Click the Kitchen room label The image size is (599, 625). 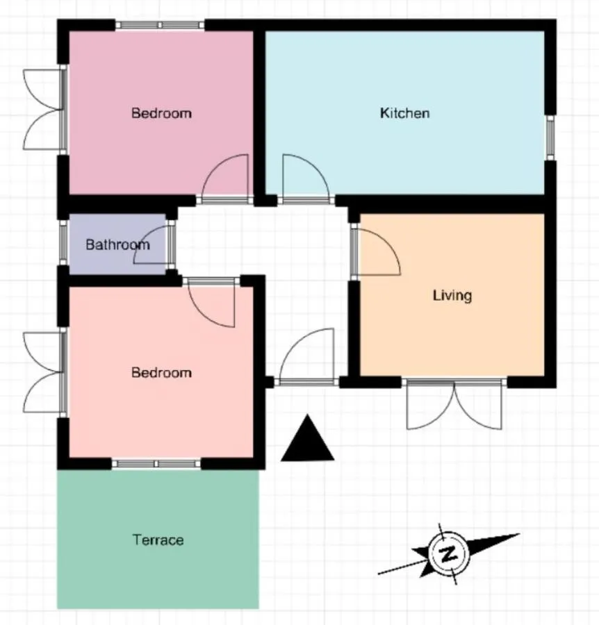(405, 113)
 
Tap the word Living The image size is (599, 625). (452, 295)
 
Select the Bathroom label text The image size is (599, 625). (117, 244)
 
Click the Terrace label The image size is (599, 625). (158, 540)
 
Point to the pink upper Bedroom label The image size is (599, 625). (161, 113)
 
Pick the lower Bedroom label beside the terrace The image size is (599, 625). (161, 373)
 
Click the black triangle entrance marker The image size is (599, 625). (307, 438)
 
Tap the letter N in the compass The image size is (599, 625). (448, 553)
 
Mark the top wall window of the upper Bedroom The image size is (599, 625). (160, 25)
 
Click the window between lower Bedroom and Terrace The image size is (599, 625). (156, 464)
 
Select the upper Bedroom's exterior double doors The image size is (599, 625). (44, 110)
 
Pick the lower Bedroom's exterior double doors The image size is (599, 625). (44, 372)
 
